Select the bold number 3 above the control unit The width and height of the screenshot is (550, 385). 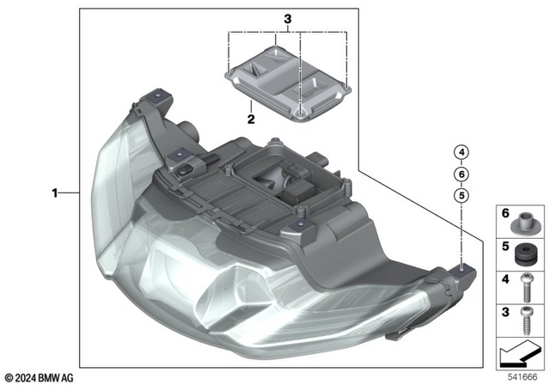[289, 18]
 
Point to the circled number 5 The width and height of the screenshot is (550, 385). [461, 195]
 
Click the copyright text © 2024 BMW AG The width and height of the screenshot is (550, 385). [40, 376]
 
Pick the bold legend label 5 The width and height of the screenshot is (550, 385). [505, 246]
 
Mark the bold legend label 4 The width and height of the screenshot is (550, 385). [505, 278]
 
